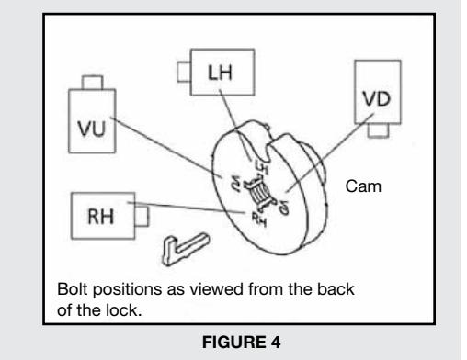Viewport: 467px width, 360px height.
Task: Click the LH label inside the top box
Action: coord(220,73)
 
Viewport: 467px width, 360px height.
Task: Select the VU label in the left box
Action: coord(92,129)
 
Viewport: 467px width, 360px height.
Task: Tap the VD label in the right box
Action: coord(377,99)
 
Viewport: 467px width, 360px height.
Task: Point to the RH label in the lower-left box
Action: coord(101,217)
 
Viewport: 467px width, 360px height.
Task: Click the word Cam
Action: coord(363,186)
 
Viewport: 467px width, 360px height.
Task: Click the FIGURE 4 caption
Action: coord(241,342)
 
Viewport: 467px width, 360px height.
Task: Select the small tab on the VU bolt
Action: coord(92,83)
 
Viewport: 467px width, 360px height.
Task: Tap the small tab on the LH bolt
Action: coord(184,72)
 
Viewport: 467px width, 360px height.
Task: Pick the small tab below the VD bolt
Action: coord(378,130)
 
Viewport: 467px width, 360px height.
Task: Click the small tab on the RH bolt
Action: coord(142,216)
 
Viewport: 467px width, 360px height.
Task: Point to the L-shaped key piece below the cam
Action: coord(185,249)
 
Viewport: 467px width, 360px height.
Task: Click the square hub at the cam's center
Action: coord(259,193)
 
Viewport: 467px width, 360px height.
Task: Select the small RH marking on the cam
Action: coord(259,219)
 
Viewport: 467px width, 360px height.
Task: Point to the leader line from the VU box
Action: coord(165,147)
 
